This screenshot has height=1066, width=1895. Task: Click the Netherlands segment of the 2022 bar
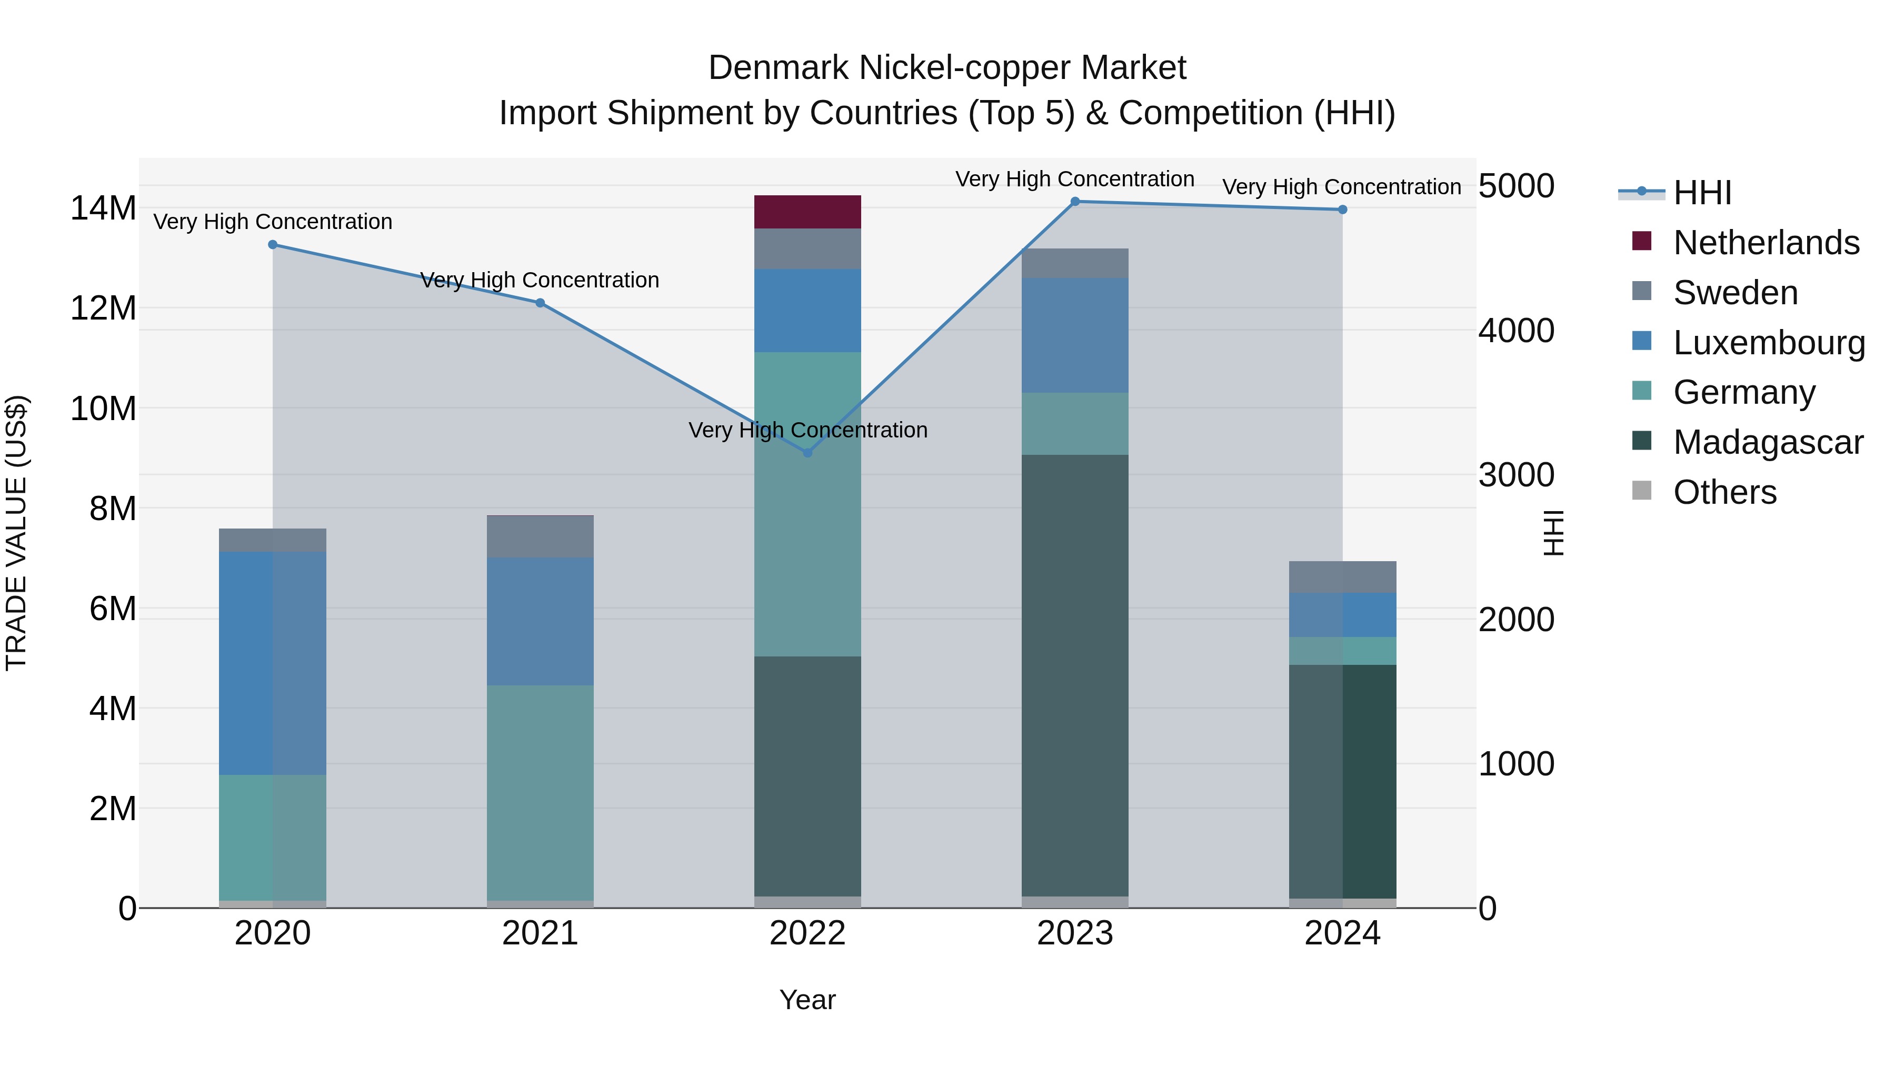coord(807,212)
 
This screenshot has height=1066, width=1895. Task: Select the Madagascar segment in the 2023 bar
coord(1075,675)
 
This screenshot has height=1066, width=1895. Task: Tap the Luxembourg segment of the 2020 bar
coord(272,663)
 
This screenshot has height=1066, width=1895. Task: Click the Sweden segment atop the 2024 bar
coord(1342,577)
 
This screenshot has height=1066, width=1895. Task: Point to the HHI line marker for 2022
coord(807,452)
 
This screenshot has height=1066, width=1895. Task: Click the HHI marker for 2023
coord(1075,202)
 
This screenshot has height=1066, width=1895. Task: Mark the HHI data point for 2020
coord(272,244)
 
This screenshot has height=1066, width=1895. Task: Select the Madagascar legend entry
coord(1768,442)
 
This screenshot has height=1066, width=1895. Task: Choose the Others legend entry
coord(1724,492)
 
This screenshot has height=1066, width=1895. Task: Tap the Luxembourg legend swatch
coord(1641,341)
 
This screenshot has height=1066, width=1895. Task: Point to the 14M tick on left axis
coord(103,208)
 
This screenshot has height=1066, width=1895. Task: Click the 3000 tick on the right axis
coord(1516,475)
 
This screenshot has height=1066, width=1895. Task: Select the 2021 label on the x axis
coord(540,933)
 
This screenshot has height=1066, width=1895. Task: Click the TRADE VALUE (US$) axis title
coord(17,533)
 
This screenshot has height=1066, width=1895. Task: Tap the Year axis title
coord(807,1000)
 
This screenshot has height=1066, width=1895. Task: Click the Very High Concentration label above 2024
coord(1341,187)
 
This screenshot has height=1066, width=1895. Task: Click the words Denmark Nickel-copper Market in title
coord(947,68)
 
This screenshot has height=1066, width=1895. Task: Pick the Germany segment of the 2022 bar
coord(807,504)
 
